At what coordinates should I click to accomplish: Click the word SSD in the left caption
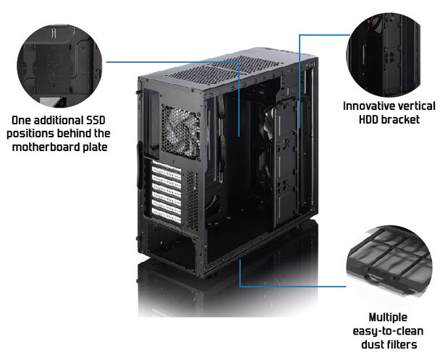[96, 120]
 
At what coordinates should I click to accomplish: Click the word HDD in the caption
[369, 120]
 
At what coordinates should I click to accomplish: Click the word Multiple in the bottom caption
[388, 317]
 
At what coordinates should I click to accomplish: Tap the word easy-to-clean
[388, 331]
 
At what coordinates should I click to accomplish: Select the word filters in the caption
[402, 345]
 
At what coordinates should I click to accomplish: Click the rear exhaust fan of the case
[181, 132]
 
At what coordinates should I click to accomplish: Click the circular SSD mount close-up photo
[60, 66]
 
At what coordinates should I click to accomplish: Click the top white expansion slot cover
[166, 171]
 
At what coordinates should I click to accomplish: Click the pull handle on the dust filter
[373, 278]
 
